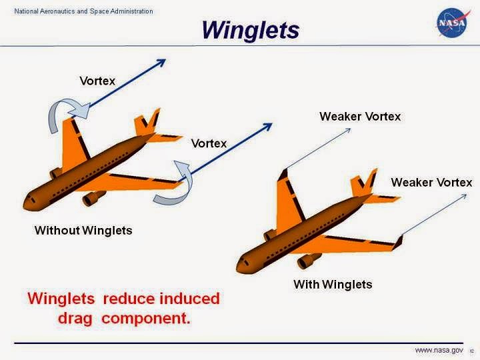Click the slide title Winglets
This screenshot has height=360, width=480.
[250, 30]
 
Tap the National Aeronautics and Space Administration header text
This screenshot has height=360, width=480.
[83, 11]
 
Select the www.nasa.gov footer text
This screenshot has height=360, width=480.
[439, 350]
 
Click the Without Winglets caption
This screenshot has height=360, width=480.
[83, 231]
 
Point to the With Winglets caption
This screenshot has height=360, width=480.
[333, 285]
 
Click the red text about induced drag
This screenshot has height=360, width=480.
[123, 308]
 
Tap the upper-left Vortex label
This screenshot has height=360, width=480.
[97, 81]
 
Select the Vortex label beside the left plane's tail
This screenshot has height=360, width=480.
[209, 143]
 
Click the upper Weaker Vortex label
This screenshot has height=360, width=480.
[360, 117]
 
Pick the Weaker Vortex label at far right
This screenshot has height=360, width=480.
[431, 183]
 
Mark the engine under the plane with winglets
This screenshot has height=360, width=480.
[308, 261]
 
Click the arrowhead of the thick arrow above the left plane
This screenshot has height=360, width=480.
[160, 63]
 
